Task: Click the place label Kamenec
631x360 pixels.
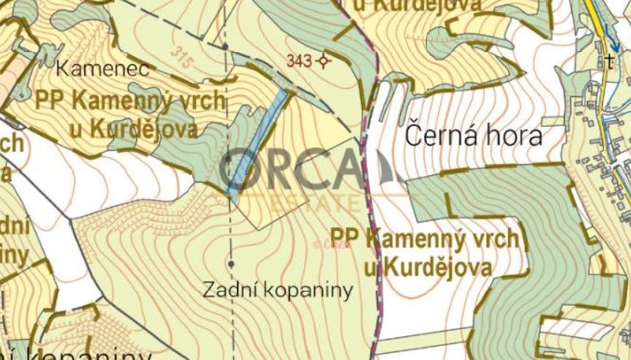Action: point(104,70)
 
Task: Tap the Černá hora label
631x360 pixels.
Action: point(473,137)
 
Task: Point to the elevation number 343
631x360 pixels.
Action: point(298,61)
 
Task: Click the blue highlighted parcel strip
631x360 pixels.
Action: point(257,142)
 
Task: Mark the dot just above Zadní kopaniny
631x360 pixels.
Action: point(231,264)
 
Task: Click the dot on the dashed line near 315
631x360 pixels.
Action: point(225,46)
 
